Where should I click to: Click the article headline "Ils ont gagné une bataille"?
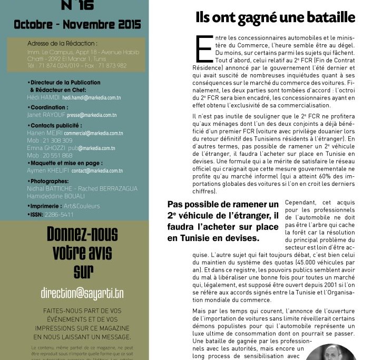(x=275, y=17)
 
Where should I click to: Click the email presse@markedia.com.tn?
(x=95, y=115)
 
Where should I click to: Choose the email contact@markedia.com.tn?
(x=97, y=171)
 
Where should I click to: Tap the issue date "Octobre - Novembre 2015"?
(x=77, y=24)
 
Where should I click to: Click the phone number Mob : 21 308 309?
(x=50, y=141)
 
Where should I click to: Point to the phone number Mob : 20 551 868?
(x=50, y=156)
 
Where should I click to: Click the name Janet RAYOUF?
(x=45, y=115)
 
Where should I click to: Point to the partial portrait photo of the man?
(x=330, y=352)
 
